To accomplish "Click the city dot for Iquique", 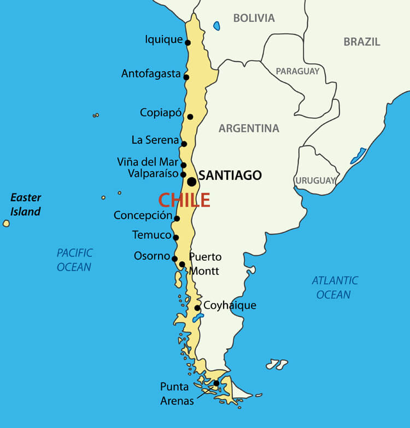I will point(188,43).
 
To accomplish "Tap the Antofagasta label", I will point(151,74).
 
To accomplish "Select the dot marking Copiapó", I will point(190,116).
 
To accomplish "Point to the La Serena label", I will point(155,140).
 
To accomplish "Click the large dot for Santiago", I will point(191,181).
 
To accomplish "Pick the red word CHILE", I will point(184,200).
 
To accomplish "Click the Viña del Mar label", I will point(148,162).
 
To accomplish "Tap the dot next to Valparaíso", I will point(183,175).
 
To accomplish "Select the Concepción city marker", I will point(177,219).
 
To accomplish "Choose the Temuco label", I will point(152,235).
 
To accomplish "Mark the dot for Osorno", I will point(174,259).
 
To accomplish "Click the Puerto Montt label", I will point(205,263).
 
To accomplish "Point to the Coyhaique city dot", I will point(197,308).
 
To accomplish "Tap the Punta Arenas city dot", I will point(216,383).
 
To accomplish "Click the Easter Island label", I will point(26,204).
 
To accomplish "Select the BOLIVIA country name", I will point(254,18).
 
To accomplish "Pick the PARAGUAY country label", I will point(297,71).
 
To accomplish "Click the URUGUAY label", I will point(315,180).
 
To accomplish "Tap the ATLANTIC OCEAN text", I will point(335,288).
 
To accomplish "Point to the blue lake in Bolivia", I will point(217,26).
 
